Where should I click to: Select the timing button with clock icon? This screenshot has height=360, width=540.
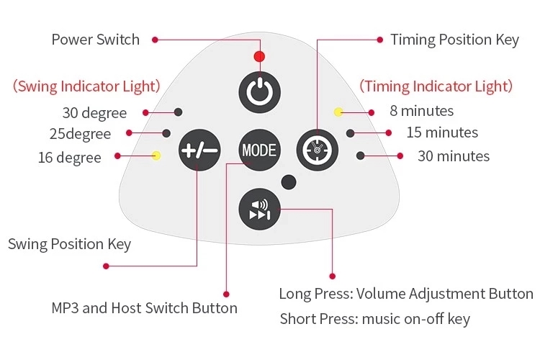coord(318,149)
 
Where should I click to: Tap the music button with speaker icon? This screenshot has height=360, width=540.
coord(259,207)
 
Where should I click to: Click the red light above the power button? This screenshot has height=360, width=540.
coord(259,57)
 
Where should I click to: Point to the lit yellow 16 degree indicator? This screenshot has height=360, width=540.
coord(157,156)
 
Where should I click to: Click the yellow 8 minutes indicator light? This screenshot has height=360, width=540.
coord(338,112)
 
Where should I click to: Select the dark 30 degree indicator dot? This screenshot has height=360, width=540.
coord(179,112)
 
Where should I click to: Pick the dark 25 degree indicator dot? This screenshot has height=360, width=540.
coord(167,133)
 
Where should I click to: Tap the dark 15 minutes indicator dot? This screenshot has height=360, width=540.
coord(351,133)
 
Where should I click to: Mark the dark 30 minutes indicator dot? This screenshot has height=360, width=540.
coord(361,155)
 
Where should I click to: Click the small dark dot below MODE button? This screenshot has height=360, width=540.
coord(288,182)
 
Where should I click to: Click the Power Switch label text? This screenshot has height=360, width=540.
coord(96,39)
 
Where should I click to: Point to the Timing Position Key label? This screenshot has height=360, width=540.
coord(454,39)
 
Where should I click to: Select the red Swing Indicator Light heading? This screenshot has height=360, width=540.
coord(86,86)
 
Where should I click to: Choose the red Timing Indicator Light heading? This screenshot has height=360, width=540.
coord(436,86)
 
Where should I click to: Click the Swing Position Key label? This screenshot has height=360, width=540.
coord(70,243)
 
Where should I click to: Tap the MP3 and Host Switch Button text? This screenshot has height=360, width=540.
coord(145,308)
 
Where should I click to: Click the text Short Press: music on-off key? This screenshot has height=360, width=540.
coord(375,318)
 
